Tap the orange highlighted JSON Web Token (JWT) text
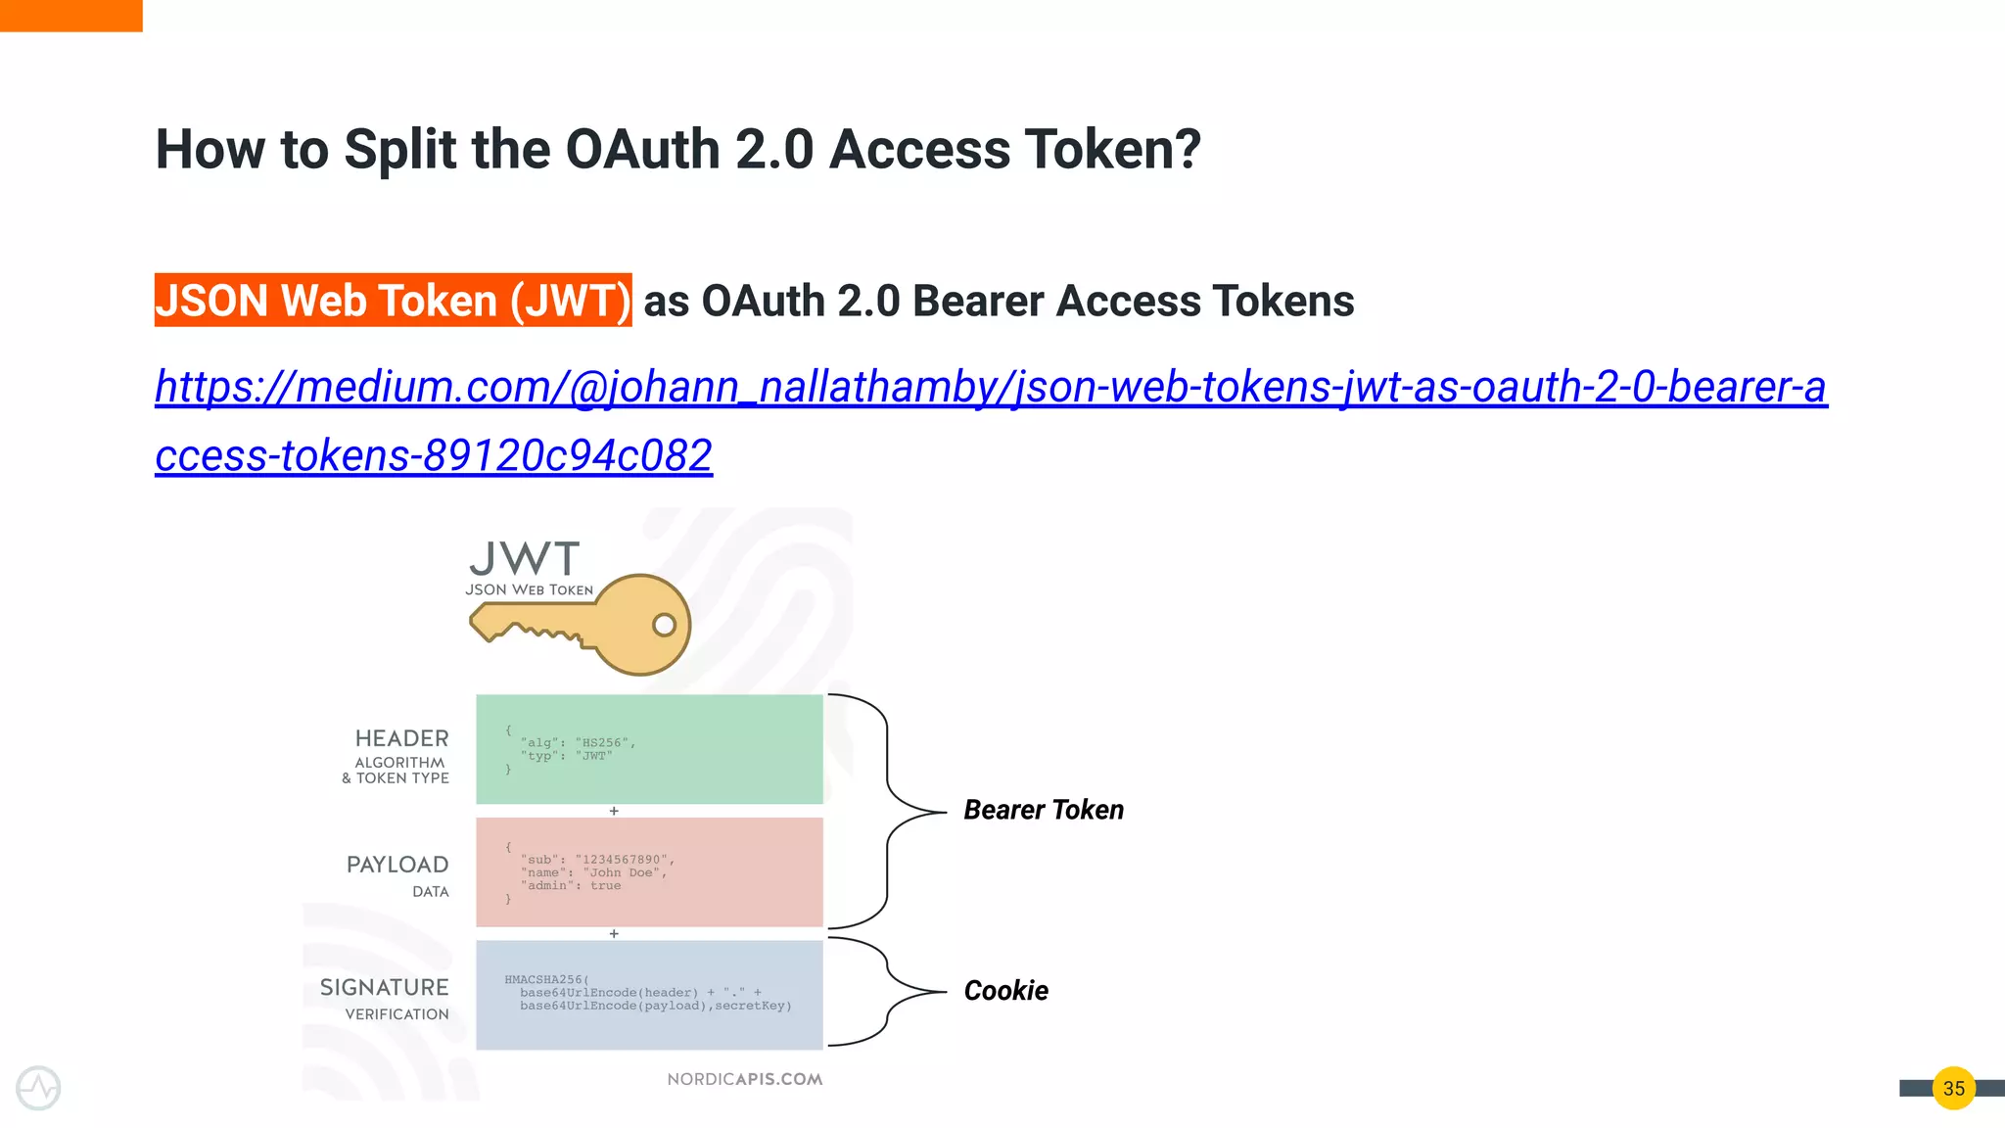click(x=393, y=301)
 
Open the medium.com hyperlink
click(x=989, y=387)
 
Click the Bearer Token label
click(x=1043, y=810)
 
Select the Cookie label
click(x=1005, y=991)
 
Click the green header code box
click(x=649, y=749)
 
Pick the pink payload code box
click(x=649, y=871)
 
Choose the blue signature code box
click(x=649, y=995)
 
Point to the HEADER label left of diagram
click(x=401, y=738)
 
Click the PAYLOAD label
click(x=397, y=865)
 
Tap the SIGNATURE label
click(x=384, y=987)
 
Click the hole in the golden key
click(x=664, y=625)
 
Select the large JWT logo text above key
click(x=525, y=559)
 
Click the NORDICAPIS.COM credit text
click(x=744, y=1079)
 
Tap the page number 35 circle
click(x=1953, y=1088)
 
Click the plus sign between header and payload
click(x=614, y=811)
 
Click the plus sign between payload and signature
click(x=614, y=934)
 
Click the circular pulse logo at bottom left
click(x=38, y=1088)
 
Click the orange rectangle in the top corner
click(x=70, y=15)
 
